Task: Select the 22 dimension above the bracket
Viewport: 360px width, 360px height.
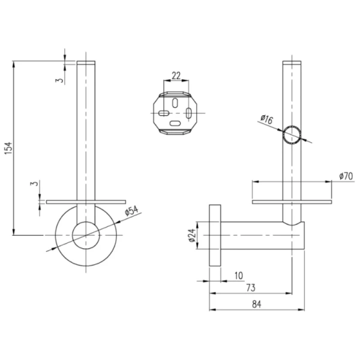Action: pyautogui.click(x=176, y=76)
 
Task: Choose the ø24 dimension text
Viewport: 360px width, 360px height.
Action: pyautogui.click(x=193, y=235)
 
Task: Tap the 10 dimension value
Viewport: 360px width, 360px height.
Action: pyautogui.click(x=239, y=275)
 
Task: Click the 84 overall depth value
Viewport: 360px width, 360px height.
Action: pyautogui.click(x=256, y=304)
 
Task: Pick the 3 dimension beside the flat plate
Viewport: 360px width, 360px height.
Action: pyautogui.click(x=34, y=184)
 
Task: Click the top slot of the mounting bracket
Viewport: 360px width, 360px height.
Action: pyautogui.click(x=175, y=102)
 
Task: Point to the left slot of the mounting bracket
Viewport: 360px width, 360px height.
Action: pyautogui.click(x=163, y=112)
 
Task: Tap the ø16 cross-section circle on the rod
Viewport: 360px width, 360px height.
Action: pyautogui.click(x=293, y=136)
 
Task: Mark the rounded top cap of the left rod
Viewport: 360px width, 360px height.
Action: pyautogui.click(x=86, y=63)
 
